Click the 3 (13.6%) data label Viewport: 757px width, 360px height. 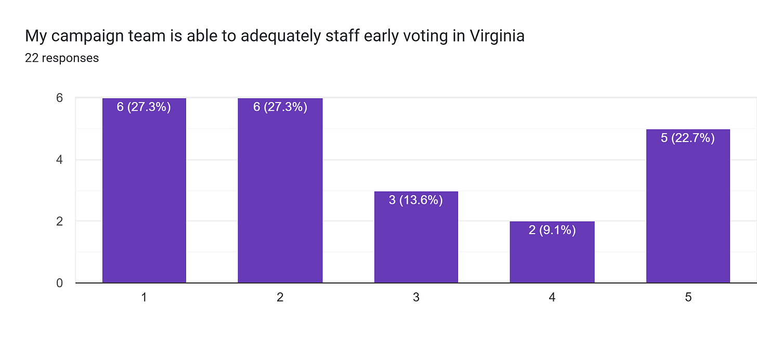416,200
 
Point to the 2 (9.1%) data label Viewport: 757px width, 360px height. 552,230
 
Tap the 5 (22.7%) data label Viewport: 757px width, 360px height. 688,138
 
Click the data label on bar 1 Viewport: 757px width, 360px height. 144,107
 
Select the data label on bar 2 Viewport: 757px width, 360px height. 280,107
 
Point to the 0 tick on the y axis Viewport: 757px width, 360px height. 59,283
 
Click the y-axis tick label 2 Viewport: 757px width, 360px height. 59,221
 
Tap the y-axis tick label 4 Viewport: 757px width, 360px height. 59,160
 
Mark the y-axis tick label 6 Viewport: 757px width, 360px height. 59,98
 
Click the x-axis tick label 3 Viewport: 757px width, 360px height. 416,298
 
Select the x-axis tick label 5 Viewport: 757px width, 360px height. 688,298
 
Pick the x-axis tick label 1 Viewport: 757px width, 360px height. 144,298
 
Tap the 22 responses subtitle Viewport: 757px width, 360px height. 62,58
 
